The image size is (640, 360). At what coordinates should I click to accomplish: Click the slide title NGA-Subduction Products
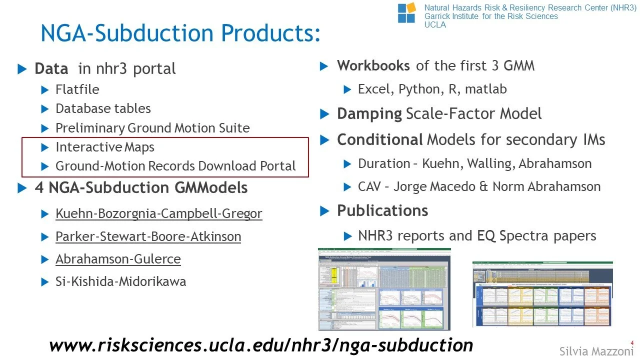(180, 33)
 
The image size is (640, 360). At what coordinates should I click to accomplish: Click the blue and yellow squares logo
(406, 12)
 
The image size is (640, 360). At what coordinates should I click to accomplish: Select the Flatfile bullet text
(77, 89)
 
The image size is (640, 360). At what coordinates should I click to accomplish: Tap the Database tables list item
(103, 108)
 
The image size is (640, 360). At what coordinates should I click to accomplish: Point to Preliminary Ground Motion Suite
(152, 128)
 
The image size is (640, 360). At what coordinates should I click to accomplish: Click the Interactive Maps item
(105, 147)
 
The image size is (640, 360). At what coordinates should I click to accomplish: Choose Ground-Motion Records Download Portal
(175, 166)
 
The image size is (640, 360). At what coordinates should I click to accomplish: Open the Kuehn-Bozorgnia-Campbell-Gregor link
(158, 214)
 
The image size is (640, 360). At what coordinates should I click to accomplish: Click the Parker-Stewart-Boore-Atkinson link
(148, 236)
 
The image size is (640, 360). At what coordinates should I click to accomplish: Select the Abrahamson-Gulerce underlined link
(118, 259)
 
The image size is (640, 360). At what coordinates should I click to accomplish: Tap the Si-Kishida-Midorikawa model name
(120, 281)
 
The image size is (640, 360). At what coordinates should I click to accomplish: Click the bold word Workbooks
(373, 65)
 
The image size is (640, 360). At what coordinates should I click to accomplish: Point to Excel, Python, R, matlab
(432, 89)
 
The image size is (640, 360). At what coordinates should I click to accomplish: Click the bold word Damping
(369, 114)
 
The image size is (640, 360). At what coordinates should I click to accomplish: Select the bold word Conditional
(380, 140)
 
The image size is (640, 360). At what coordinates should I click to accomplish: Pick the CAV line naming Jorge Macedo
(479, 187)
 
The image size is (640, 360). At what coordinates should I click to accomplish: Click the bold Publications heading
(382, 210)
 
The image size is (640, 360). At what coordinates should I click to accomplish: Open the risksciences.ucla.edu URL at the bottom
(261, 344)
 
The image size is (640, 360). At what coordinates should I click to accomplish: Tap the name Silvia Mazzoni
(596, 351)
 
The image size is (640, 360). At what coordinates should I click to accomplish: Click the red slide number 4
(632, 342)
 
